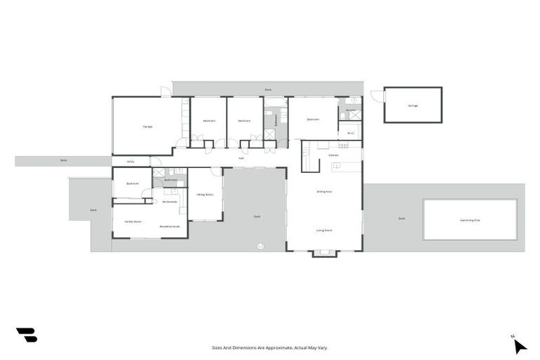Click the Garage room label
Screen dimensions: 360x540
click(148, 127)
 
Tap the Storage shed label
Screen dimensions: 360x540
click(413, 105)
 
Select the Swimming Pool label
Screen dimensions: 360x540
click(470, 220)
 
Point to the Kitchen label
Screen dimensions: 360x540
click(333, 155)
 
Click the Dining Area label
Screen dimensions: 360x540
click(324, 191)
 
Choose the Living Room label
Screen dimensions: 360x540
click(324, 230)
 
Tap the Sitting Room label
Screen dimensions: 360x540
click(205, 194)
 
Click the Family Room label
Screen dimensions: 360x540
click(134, 221)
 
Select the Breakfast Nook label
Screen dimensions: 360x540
click(169, 226)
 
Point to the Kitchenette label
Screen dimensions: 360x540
click(169, 202)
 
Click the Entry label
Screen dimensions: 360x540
click(130, 162)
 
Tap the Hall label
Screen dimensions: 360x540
click(241, 158)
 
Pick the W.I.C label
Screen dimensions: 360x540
click(349, 131)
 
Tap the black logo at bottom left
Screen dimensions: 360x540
click(27, 335)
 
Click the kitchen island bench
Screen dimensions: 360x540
click(345, 166)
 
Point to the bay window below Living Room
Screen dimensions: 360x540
click(324, 253)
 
